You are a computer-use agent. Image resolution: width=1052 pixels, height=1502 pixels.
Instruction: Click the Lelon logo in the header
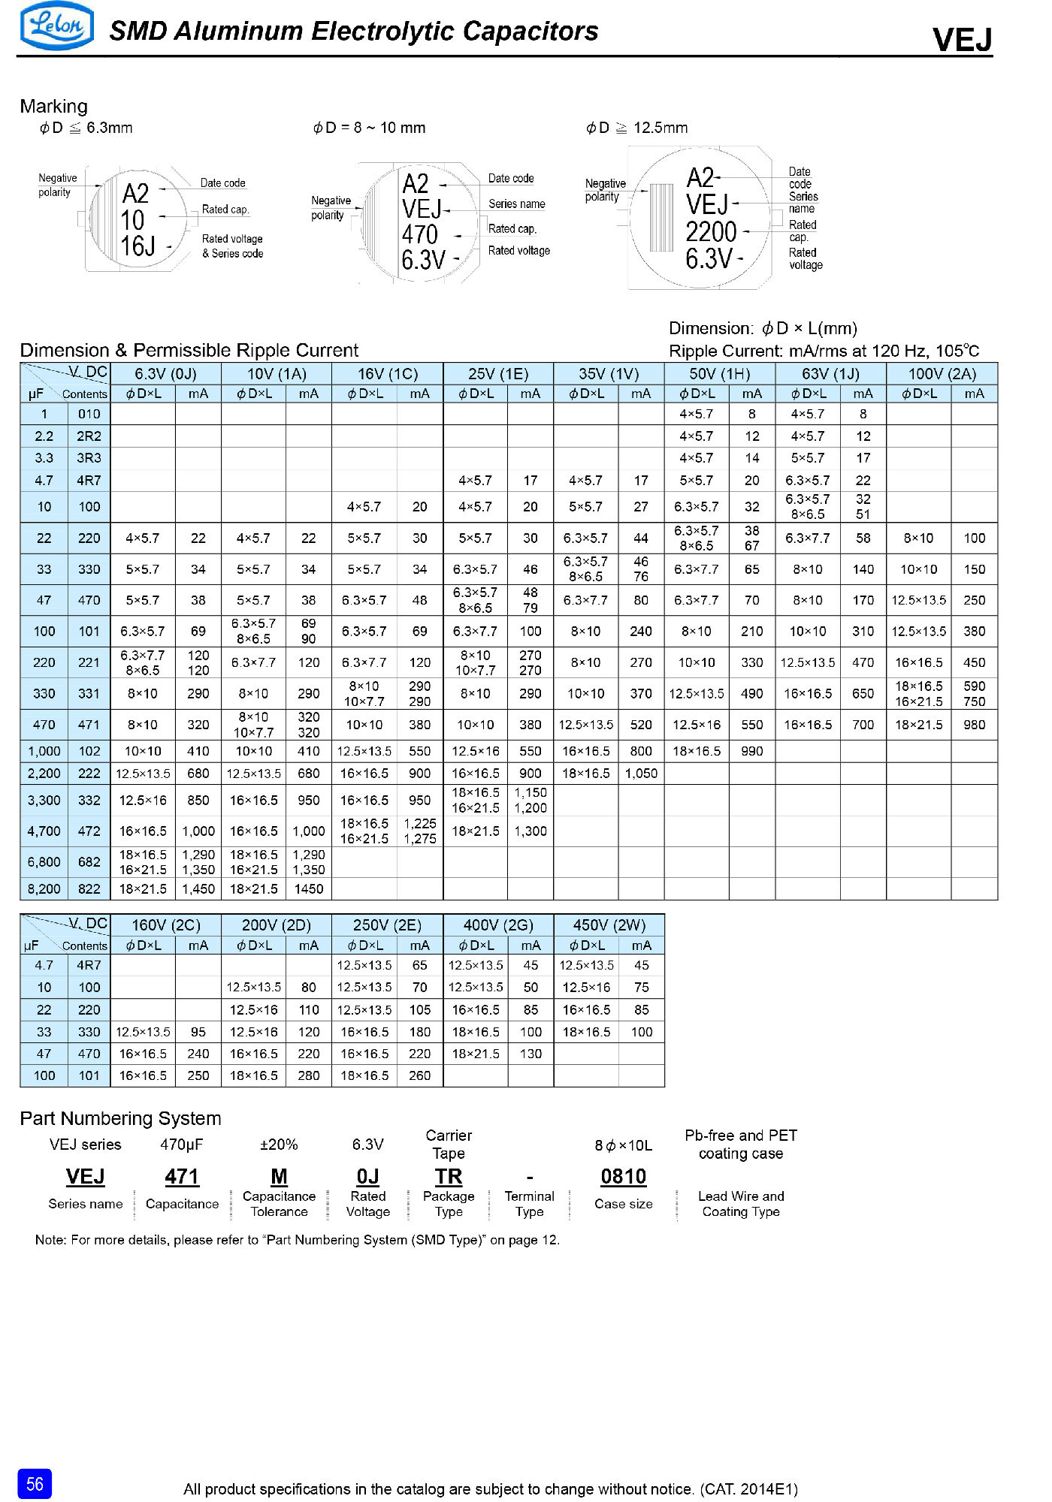[x=56, y=26]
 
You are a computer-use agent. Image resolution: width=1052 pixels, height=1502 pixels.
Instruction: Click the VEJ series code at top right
[x=962, y=39]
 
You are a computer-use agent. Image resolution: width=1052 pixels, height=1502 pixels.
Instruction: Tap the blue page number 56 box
[x=35, y=1483]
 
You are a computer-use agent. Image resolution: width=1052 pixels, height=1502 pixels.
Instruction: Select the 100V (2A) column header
[x=942, y=374]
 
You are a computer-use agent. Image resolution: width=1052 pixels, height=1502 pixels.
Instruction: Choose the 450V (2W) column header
[x=609, y=924]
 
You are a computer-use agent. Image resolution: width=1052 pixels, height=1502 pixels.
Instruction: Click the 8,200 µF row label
[x=44, y=888]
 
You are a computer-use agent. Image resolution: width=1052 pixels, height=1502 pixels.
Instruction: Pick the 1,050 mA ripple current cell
[x=641, y=774]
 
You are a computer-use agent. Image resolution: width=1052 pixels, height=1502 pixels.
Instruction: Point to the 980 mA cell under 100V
[x=974, y=725]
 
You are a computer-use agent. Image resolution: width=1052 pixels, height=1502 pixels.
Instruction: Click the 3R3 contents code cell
[x=89, y=458]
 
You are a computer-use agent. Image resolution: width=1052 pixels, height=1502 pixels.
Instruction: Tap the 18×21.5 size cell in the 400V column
[x=476, y=1054]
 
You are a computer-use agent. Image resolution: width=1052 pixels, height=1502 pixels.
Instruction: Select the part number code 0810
[x=623, y=1176]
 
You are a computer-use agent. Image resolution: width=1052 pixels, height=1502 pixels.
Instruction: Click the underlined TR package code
[x=449, y=1176]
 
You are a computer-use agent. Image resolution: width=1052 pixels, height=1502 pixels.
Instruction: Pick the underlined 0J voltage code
[x=367, y=1176]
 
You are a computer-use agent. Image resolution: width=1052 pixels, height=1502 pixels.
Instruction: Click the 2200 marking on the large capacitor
[x=711, y=232]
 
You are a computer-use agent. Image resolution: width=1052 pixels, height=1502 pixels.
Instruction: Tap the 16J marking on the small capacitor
[x=138, y=246]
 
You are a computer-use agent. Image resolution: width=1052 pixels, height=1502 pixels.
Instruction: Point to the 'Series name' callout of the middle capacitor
[x=516, y=204]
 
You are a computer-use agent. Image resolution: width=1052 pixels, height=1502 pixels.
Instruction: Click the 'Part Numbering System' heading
[x=120, y=1118]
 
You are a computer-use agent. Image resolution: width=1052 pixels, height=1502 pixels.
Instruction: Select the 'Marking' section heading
[x=53, y=106]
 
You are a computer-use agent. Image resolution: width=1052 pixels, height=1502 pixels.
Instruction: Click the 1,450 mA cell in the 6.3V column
[x=198, y=888]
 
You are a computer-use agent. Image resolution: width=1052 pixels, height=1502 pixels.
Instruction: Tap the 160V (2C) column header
[x=165, y=924]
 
